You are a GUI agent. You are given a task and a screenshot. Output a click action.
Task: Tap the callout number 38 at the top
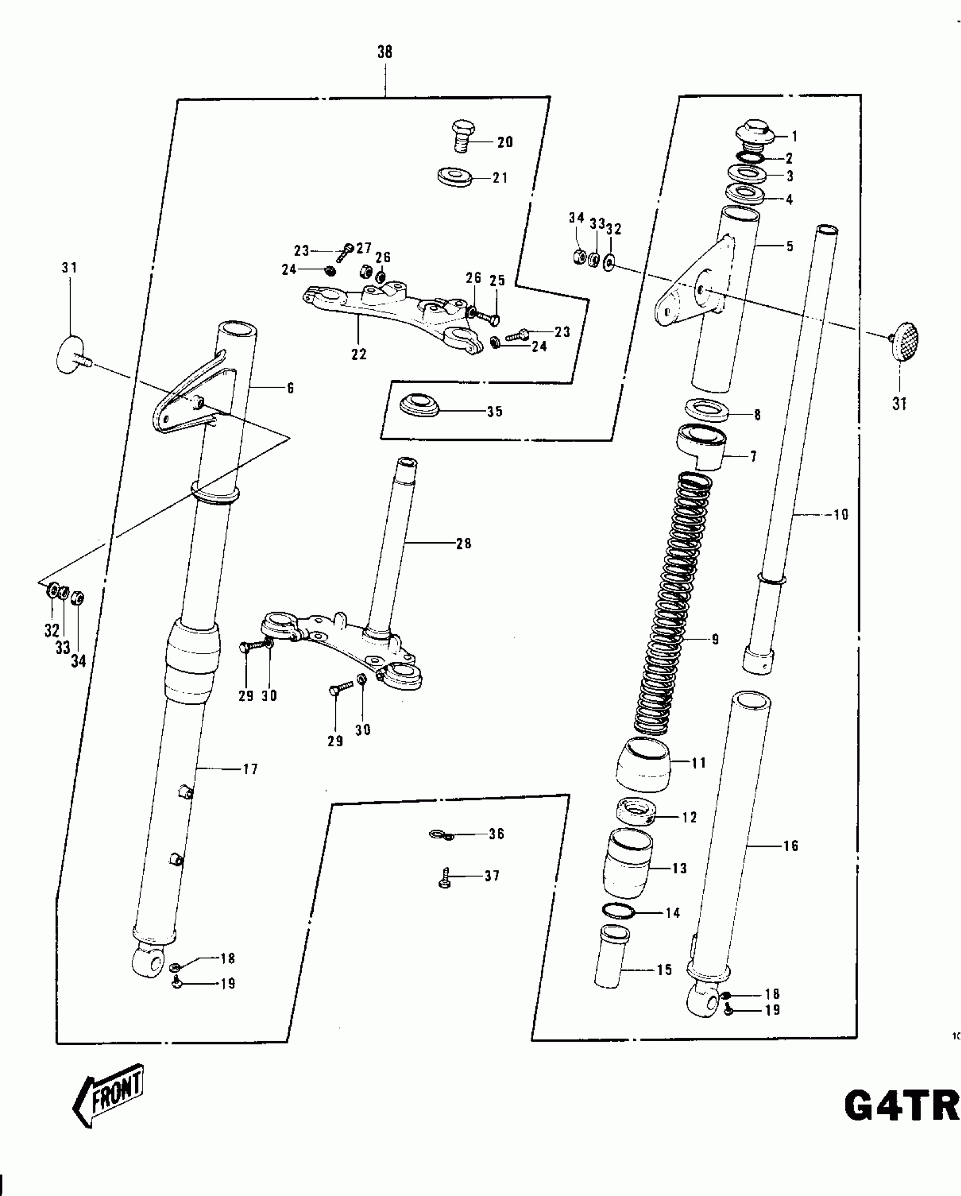pyautogui.click(x=384, y=53)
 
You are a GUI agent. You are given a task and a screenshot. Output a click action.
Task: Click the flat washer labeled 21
pyautogui.click(x=455, y=177)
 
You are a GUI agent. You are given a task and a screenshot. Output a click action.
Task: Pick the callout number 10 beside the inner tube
pyautogui.click(x=841, y=514)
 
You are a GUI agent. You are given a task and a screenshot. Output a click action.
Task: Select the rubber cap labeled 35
pyautogui.click(x=419, y=405)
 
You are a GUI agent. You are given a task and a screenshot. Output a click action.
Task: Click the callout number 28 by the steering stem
pyautogui.click(x=464, y=544)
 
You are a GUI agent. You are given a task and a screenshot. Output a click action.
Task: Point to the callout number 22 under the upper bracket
pyautogui.click(x=359, y=354)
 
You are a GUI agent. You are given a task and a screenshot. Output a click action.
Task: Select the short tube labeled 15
pyautogui.click(x=610, y=956)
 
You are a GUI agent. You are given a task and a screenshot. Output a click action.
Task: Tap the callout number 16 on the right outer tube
pyautogui.click(x=790, y=846)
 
